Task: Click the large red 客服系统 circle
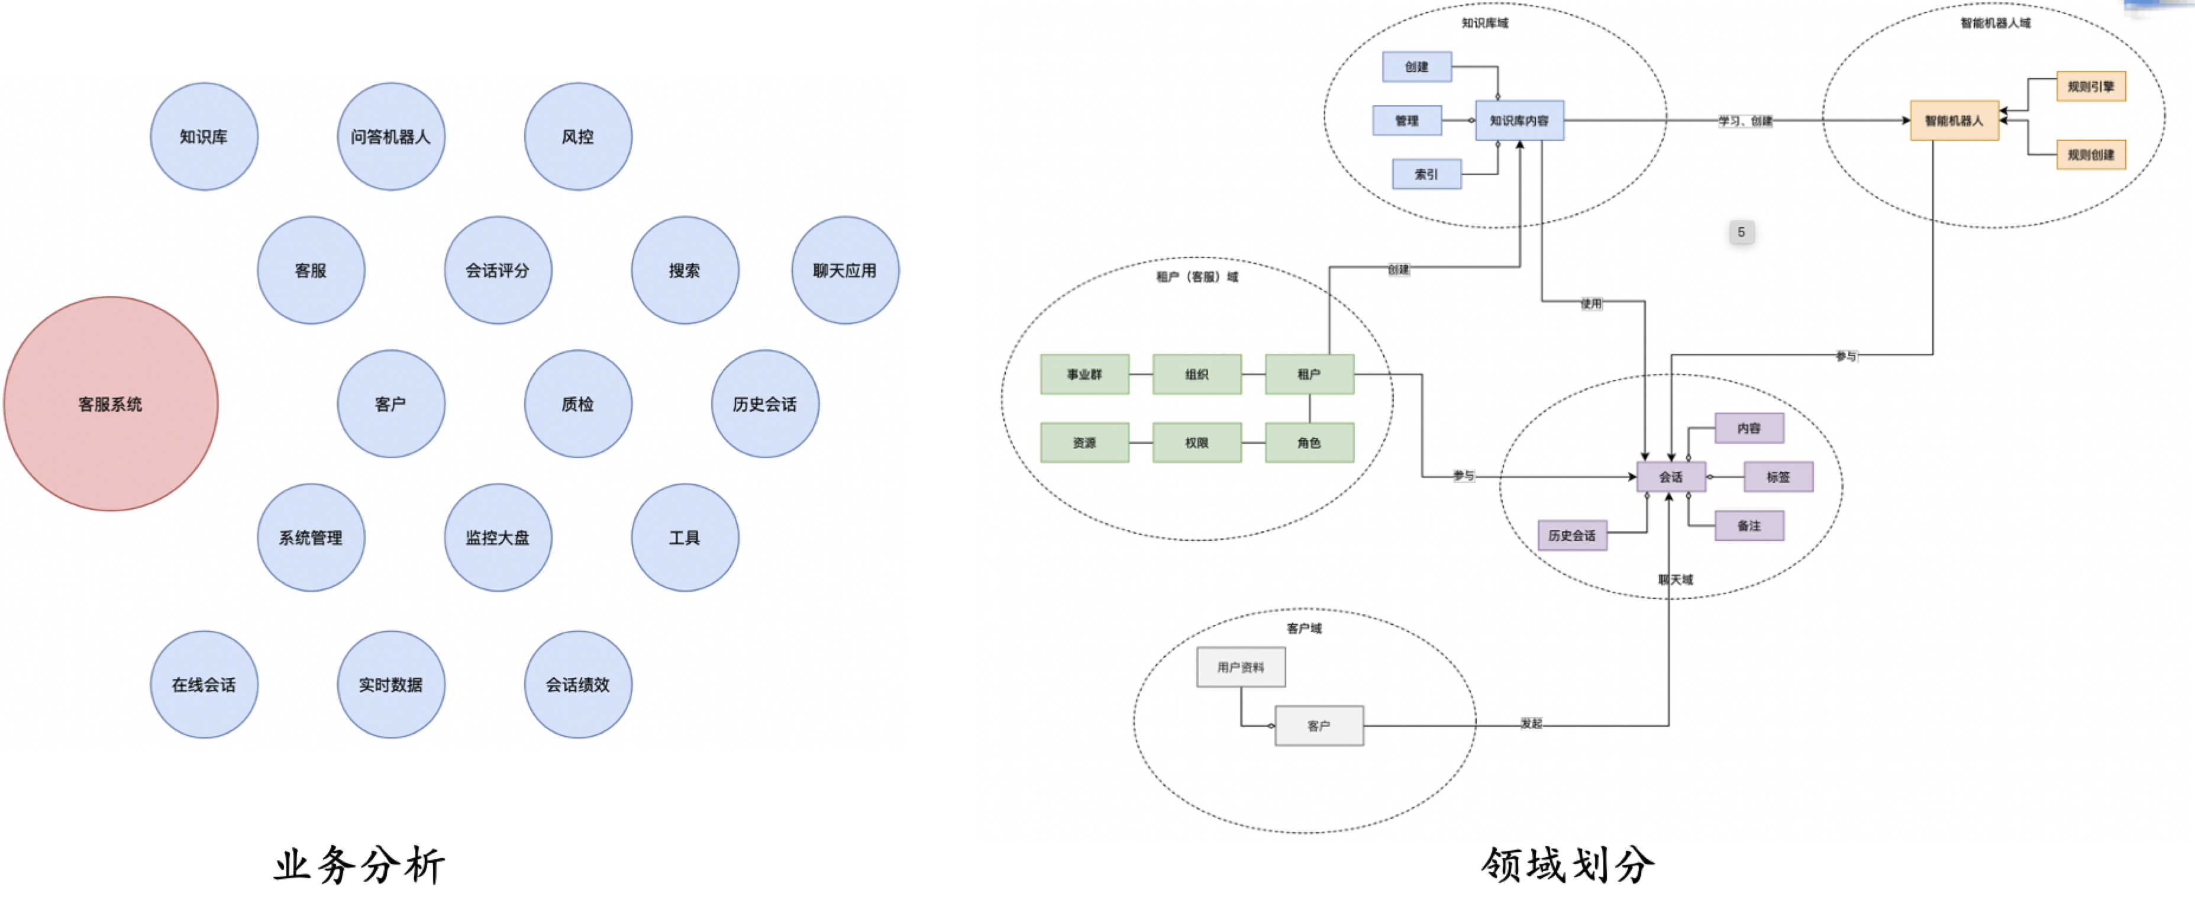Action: [x=111, y=404]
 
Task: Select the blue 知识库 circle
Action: [x=204, y=136]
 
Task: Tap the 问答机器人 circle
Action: [x=391, y=136]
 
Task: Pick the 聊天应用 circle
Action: [x=844, y=270]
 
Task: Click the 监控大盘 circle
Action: [x=498, y=537]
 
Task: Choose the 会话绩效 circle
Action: [x=577, y=684]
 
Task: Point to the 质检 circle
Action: [x=577, y=404]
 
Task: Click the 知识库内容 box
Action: [x=1519, y=120]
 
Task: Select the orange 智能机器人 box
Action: [x=1954, y=120]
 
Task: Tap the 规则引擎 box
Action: [x=2090, y=86]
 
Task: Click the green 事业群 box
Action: [x=1084, y=374]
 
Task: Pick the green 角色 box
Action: [x=1309, y=442]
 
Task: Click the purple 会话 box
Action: [x=1670, y=477]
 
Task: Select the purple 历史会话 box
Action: [x=1572, y=535]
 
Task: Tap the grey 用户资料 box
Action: [x=1240, y=667]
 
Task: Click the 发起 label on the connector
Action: [x=1531, y=723]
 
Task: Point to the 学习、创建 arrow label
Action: [x=1745, y=121]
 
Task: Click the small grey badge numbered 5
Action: [x=1741, y=232]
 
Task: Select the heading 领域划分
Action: [x=1568, y=865]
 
